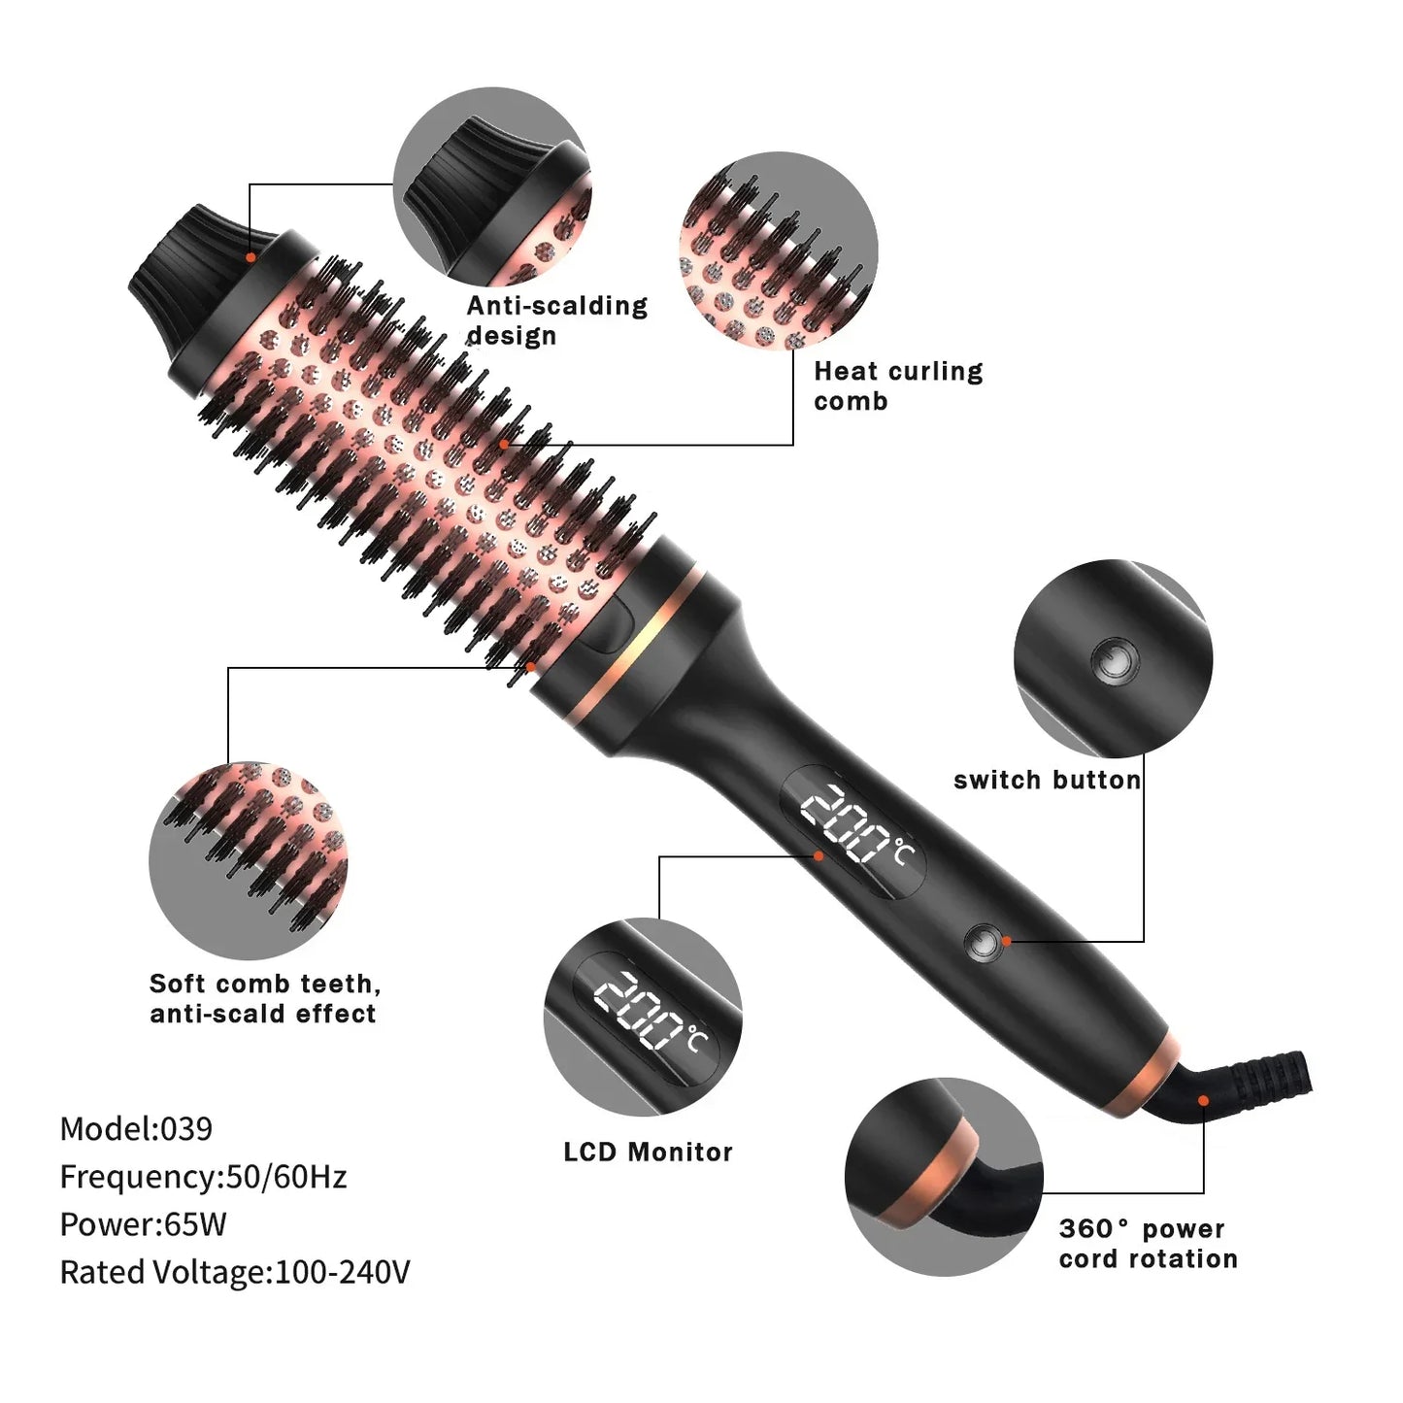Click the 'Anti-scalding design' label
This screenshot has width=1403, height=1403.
tap(556, 320)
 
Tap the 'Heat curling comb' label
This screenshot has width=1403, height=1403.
tap(898, 385)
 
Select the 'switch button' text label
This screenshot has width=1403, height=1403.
tap(1047, 781)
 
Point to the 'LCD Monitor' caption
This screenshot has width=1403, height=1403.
tap(648, 1152)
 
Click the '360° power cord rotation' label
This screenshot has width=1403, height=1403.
tap(1148, 1244)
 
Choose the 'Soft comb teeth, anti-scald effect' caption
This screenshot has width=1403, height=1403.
tap(264, 999)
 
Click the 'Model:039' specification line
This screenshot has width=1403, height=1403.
tap(136, 1128)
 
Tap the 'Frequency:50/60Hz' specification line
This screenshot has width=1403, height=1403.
tap(203, 1177)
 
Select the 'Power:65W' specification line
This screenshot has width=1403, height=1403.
tap(143, 1224)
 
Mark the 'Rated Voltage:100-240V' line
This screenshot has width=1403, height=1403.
tap(235, 1272)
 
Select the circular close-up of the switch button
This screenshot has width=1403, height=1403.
tap(1113, 659)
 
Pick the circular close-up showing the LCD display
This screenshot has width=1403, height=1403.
tap(642, 1017)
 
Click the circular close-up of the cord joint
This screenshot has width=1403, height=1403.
tap(943, 1177)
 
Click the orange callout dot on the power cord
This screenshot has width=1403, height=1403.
tap(1203, 1100)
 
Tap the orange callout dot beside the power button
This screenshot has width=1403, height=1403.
tap(1007, 940)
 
